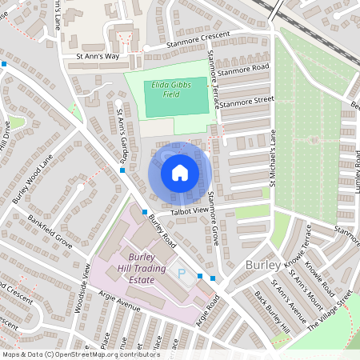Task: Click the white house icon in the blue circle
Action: [180, 173]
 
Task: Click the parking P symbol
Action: [182, 274]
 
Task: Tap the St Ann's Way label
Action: [97, 58]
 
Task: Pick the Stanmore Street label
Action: [247, 102]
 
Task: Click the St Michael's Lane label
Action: [272, 160]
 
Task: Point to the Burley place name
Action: [263, 265]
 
